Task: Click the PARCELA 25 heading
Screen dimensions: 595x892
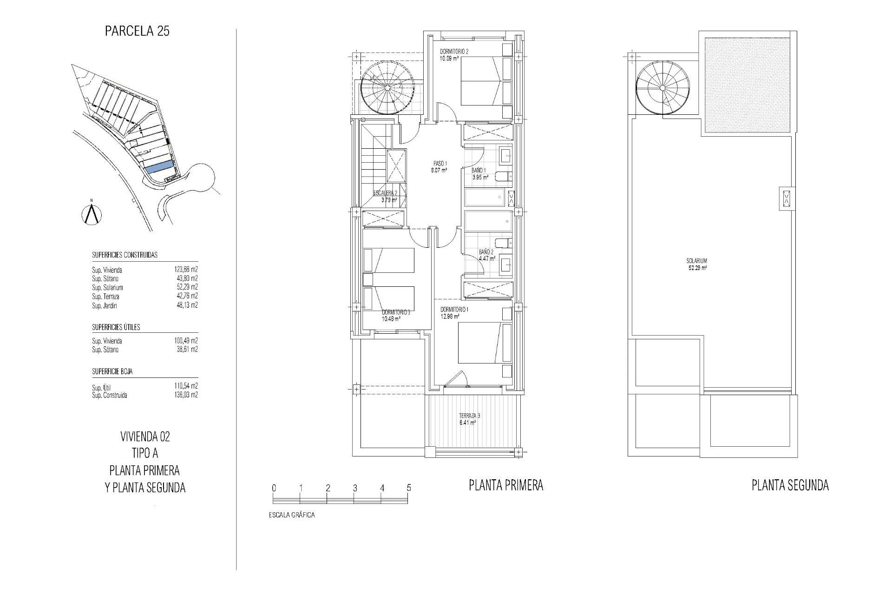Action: click(137, 31)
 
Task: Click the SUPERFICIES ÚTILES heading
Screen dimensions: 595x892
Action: click(116, 327)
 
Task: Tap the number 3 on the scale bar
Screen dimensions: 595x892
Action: click(355, 488)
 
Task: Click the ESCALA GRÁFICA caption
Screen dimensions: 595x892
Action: click(292, 515)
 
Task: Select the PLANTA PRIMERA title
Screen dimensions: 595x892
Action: click(506, 486)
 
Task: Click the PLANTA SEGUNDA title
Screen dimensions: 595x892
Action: click(790, 486)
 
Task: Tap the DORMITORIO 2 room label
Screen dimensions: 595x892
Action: click(454, 52)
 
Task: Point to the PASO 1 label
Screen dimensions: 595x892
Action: click(439, 164)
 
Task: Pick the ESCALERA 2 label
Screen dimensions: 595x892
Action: click(385, 193)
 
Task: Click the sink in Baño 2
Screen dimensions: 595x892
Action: click(505, 265)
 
